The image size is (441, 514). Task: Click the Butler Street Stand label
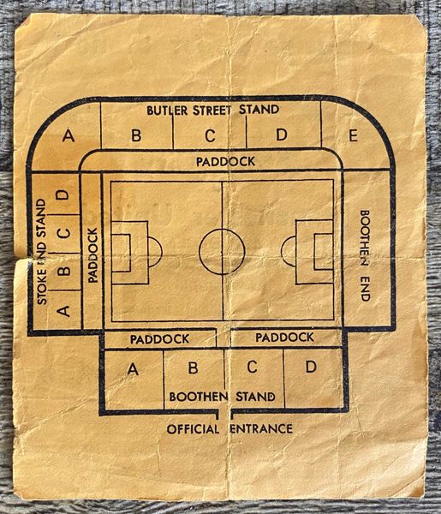213,110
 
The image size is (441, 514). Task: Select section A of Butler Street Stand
69,135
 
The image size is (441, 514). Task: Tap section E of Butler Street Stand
353,135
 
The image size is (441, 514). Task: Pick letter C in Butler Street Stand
210,135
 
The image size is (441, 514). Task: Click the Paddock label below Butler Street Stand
225,161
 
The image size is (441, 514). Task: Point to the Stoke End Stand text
42,251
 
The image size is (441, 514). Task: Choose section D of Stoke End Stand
63,194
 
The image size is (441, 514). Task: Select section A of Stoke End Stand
63,310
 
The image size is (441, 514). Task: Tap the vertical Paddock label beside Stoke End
93,255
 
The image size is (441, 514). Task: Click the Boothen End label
365,255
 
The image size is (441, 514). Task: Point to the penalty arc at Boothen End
282,251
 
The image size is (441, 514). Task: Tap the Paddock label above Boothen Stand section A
159,339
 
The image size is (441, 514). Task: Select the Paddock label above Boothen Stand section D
284,338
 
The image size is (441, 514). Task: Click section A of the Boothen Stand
133,369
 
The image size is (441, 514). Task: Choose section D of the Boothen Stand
311,367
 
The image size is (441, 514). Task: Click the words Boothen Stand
222,397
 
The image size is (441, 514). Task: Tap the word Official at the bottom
193,429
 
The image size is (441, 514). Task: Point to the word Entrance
261,429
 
